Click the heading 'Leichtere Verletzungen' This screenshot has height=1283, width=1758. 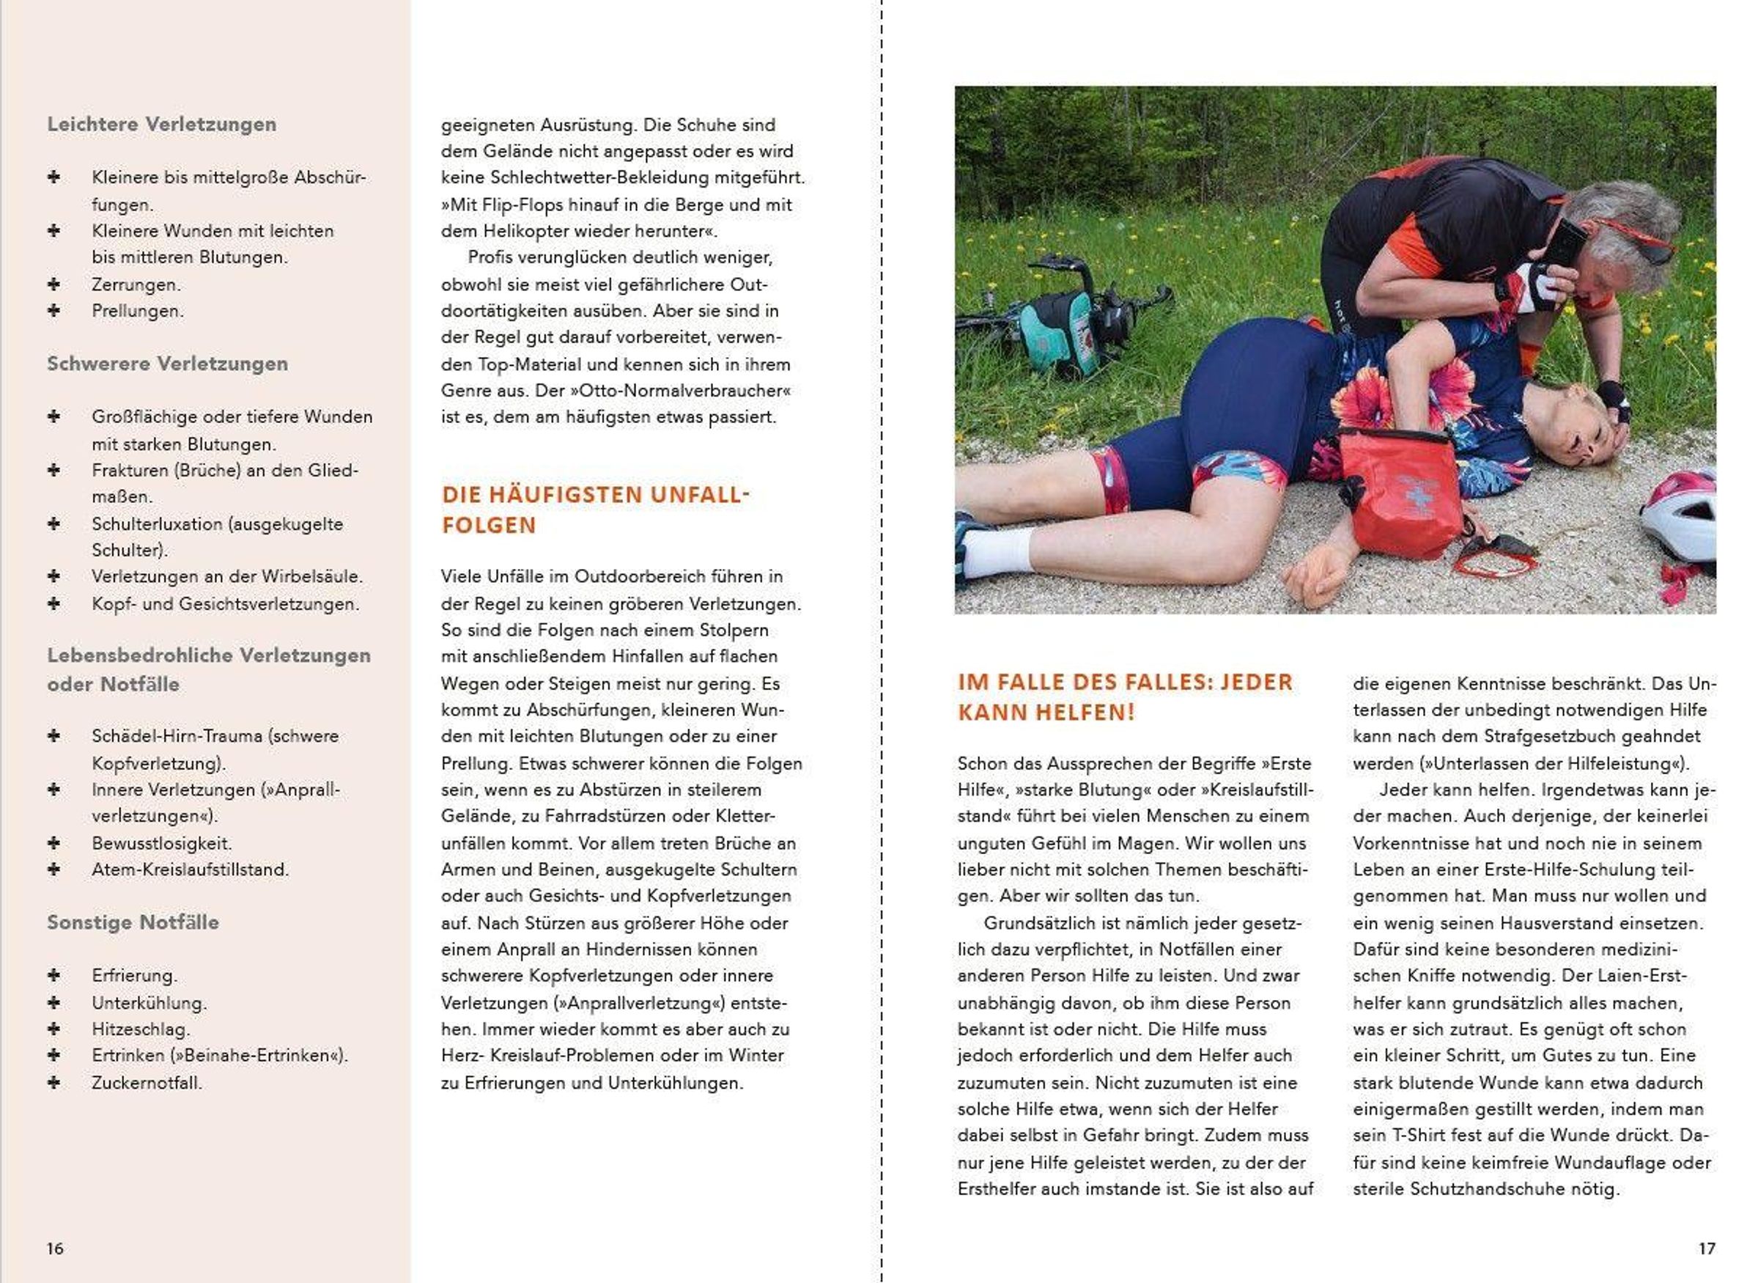pos(161,124)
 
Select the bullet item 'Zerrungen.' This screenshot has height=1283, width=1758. pos(136,284)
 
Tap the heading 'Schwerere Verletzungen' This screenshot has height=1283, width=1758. pos(167,364)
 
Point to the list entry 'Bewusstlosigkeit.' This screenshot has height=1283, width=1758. pos(161,842)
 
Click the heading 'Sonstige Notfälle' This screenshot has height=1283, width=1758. pos(133,922)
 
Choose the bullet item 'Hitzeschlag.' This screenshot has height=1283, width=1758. pos(141,1029)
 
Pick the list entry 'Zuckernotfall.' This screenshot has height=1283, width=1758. pos(147,1083)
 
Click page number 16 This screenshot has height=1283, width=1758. pos(55,1248)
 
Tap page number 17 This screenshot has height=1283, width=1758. pos(1707,1248)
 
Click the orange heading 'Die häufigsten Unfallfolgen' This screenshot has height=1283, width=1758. pos(595,510)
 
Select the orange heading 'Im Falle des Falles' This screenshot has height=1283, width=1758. pos(1125,696)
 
